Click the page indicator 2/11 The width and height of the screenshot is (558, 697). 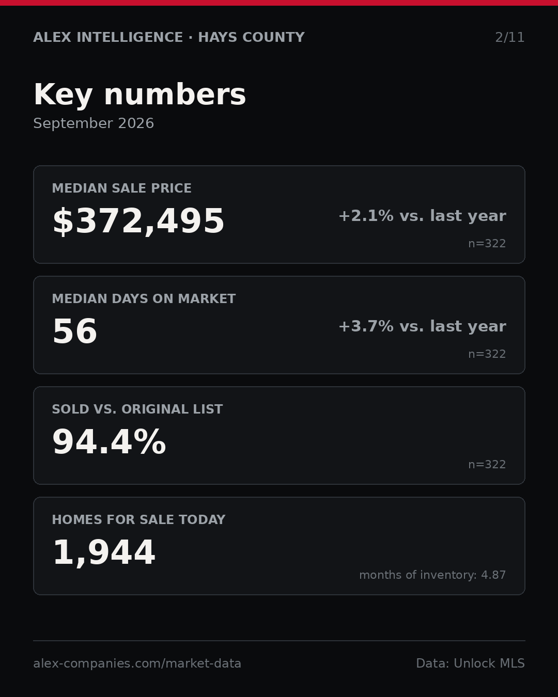pos(509,38)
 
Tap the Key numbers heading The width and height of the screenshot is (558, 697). pos(139,94)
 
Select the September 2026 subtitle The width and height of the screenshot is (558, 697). pos(94,123)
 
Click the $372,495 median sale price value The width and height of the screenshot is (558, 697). pos(138,221)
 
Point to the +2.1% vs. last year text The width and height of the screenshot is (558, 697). pos(422,216)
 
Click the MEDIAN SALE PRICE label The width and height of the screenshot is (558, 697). pos(121,188)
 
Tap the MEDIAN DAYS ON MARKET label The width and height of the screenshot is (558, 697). pos(144,298)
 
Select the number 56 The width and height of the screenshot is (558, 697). pos(75,331)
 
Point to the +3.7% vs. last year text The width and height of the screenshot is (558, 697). pos(422,326)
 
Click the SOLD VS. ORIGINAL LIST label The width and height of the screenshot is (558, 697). pos(137,409)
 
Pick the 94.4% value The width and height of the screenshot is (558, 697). pos(109,442)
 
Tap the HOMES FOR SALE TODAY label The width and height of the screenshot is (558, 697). pos(138,519)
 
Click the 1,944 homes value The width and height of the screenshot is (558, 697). pos(104,553)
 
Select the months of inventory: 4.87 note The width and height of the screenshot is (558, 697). pos(432,575)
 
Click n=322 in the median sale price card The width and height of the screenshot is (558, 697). pos(487,244)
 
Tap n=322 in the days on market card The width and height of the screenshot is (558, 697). pos(487,354)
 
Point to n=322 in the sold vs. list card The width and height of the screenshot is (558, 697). pos(487,465)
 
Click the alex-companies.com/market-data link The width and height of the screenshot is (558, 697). pos(137,663)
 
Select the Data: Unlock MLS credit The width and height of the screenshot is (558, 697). pos(470,663)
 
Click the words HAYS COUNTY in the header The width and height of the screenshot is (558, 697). pos(251,37)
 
